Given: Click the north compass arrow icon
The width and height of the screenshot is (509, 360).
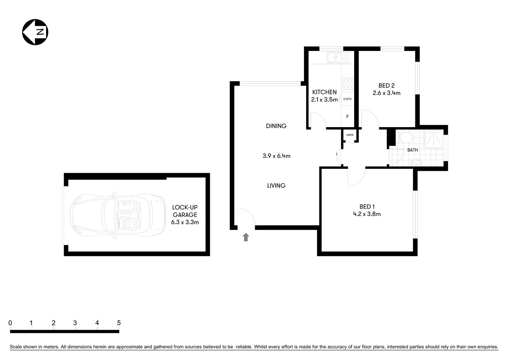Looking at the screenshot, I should (x=35, y=32).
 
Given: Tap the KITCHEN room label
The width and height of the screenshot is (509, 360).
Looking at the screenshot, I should (x=324, y=92).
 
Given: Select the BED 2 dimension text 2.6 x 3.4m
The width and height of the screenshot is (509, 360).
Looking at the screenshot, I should (x=386, y=93).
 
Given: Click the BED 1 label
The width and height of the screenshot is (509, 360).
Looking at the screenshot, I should (x=367, y=207).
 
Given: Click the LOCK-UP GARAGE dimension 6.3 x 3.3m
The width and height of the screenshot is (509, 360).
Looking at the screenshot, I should (x=185, y=222).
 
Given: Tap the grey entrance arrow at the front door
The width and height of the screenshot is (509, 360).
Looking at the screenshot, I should (x=246, y=237).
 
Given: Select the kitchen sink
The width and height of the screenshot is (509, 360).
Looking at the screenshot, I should (x=338, y=57).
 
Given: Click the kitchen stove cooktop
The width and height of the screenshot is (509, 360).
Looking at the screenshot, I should (x=347, y=84).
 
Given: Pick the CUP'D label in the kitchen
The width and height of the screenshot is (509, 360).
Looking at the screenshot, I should (x=347, y=99).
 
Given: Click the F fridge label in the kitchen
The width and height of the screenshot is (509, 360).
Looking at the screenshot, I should (x=347, y=117).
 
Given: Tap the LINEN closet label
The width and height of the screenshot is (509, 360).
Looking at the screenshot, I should (x=349, y=135).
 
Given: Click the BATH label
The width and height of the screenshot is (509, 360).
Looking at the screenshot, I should (x=412, y=150).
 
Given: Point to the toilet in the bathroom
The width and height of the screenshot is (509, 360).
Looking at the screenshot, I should (x=406, y=137).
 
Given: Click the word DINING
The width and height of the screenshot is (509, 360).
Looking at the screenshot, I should (x=276, y=126).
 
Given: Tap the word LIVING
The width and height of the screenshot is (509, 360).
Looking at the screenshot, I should (x=276, y=186).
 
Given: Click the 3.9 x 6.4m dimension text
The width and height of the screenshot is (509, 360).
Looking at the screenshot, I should (x=276, y=156).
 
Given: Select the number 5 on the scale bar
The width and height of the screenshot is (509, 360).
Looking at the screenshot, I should (x=119, y=323).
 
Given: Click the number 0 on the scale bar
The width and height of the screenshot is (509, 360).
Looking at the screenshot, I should (x=10, y=323).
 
